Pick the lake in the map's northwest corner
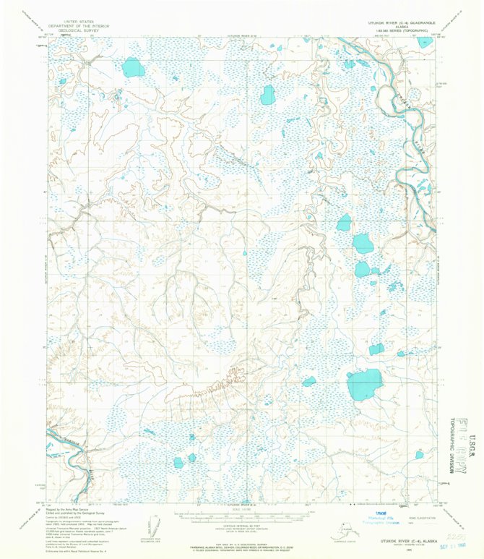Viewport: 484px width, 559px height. tap(132, 68)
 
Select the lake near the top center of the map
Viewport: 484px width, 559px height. tap(268, 94)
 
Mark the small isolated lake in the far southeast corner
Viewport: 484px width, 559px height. tap(419, 454)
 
